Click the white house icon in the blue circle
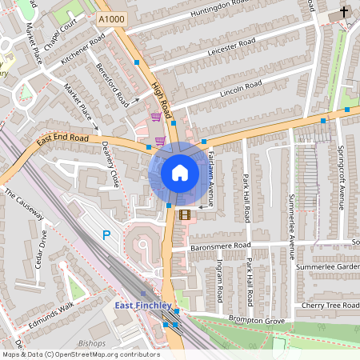[180, 173]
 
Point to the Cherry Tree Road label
[328, 306]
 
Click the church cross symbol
[343, 13]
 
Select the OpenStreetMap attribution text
[81, 354]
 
